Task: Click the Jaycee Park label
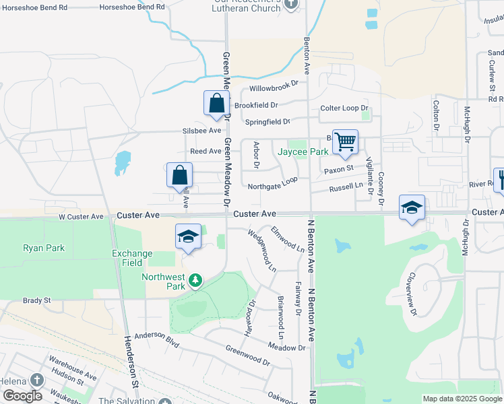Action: (x=307, y=152)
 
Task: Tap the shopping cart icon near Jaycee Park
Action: (x=345, y=141)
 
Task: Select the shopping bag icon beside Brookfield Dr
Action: (x=216, y=103)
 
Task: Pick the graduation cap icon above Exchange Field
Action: (x=189, y=236)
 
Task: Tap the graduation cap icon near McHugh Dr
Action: (x=412, y=207)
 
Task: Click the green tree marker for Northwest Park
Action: (x=195, y=279)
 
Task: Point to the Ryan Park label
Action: (x=43, y=248)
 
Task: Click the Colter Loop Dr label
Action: (x=344, y=108)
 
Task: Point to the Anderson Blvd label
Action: (x=156, y=339)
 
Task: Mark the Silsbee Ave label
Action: (x=201, y=131)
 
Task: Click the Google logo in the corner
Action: (x=22, y=396)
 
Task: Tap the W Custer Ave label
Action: (x=81, y=217)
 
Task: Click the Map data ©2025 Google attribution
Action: (x=462, y=399)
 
